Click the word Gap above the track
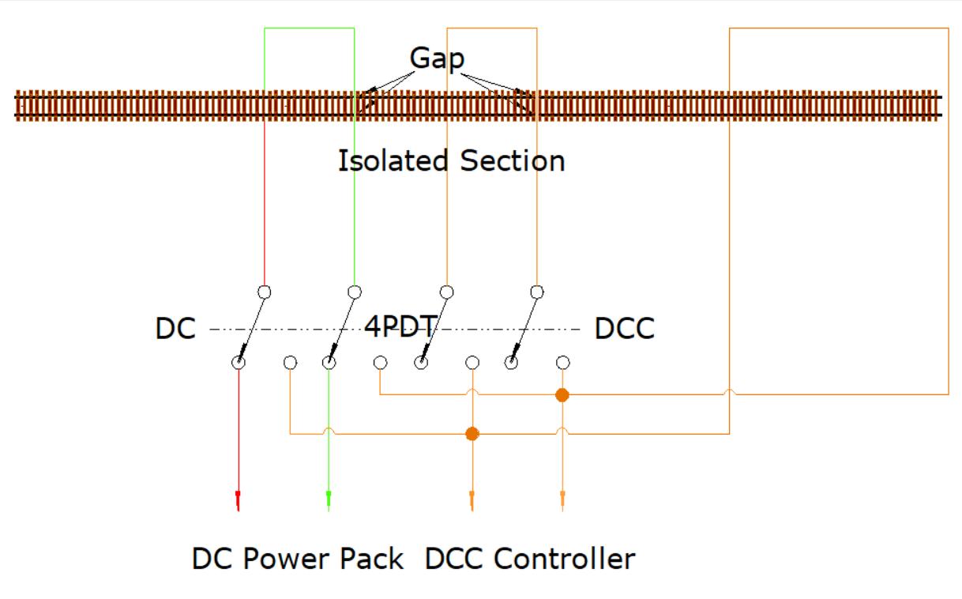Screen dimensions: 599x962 (x=437, y=58)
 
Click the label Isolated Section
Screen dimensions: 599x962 (x=451, y=161)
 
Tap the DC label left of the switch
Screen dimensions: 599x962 (x=175, y=329)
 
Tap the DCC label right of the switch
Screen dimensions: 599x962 (x=624, y=329)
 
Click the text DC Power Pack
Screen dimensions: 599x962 (x=299, y=559)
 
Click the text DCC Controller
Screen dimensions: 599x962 (x=530, y=559)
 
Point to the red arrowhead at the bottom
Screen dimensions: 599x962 (x=238, y=499)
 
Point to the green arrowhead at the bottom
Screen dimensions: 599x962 (x=329, y=499)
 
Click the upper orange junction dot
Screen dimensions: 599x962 (x=562, y=394)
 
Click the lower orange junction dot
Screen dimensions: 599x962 (x=472, y=433)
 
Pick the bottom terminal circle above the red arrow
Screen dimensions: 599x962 (x=239, y=363)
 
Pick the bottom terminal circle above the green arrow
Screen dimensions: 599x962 (x=329, y=363)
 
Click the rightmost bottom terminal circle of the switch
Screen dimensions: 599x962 (x=562, y=363)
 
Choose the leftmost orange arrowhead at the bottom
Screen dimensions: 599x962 (x=472, y=499)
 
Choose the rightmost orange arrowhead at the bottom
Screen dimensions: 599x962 (x=562, y=499)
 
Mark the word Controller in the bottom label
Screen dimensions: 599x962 (x=564, y=559)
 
